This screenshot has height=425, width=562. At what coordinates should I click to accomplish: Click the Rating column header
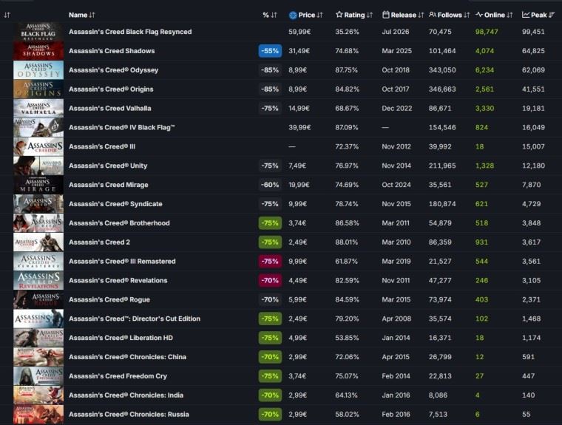coord(354,15)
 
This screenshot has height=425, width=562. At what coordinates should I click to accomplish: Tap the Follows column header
coord(449,15)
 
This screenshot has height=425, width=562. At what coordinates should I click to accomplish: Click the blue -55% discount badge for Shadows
coord(270,51)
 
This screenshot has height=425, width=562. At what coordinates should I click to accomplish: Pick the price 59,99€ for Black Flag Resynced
coord(299,32)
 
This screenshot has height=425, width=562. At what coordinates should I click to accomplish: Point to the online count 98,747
coord(487,32)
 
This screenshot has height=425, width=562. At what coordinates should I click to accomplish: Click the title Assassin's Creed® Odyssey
coord(113,70)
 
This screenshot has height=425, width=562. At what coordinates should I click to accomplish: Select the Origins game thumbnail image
coord(38,89)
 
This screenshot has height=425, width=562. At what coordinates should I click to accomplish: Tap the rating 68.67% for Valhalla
coord(347,108)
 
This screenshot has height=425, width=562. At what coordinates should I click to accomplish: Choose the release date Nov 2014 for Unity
coord(396,166)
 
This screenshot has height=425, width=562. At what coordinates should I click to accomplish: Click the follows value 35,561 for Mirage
coord(440,185)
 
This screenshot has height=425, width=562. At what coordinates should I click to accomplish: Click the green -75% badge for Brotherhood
coord(270,223)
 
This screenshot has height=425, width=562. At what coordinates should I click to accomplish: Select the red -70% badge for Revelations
coord(270,280)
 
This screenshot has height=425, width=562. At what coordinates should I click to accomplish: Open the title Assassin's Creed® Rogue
coord(109,299)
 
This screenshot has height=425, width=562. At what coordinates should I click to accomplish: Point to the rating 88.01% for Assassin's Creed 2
coord(346,242)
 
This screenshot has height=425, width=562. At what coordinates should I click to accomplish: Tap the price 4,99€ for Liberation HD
coord(297,338)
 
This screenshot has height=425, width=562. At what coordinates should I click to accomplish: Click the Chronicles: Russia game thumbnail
coord(38,414)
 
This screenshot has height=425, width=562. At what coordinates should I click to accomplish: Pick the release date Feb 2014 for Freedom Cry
coord(396,376)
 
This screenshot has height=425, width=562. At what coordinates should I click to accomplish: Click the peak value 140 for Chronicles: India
coord(528,395)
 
